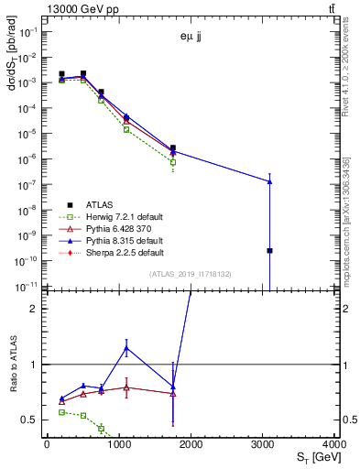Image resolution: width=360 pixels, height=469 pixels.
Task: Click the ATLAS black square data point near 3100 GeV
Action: click(270, 250)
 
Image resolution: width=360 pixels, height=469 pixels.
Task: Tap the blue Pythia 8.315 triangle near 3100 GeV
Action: click(270, 181)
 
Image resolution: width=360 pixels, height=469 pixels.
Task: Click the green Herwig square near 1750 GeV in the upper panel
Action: click(172, 162)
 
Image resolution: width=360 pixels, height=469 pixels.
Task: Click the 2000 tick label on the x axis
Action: click(191, 443)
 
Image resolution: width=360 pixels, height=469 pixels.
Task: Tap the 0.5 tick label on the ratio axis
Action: click(31, 420)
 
